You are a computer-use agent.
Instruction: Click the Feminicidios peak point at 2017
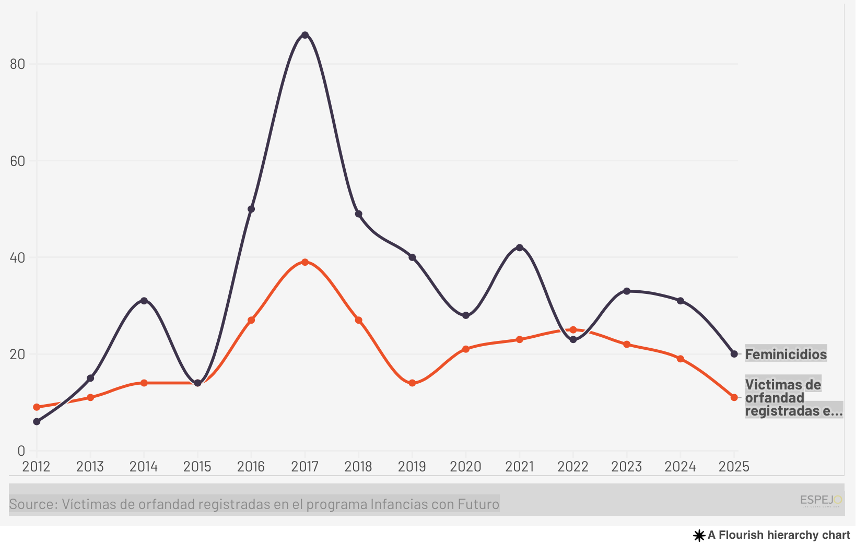(x=305, y=35)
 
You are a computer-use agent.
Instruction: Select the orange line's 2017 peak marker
(x=305, y=262)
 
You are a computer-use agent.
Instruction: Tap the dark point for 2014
(x=144, y=301)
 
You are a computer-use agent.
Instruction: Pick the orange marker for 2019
(x=412, y=383)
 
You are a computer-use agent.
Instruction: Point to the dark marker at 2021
(x=519, y=247)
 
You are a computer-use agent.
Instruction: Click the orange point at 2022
(x=573, y=330)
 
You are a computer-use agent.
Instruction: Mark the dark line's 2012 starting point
(x=37, y=421)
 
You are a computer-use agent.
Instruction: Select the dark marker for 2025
(x=734, y=354)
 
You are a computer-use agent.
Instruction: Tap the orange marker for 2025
(x=734, y=397)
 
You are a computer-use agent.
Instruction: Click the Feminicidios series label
(x=786, y=354)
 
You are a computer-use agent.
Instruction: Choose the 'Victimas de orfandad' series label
(x=783, y=397)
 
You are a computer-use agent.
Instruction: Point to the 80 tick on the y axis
(x=18, y=64)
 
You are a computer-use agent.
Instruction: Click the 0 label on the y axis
(x=21, y=451)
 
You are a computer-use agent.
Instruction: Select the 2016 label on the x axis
(x=251, y=466)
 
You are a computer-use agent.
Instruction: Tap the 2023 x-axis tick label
(x=626, y=466)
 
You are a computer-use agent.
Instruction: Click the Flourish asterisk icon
(x=699, y=536)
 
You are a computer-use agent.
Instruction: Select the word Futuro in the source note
(x=478, y=504)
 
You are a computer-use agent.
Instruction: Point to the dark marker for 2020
(x=466, y=315)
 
